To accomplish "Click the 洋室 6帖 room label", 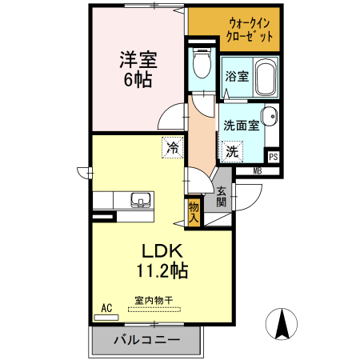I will point(137,69).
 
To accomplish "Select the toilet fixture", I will point(201,63).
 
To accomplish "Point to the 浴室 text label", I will point(237,78).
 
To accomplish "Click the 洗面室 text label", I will point(240,126).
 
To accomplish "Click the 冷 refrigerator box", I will point(171,146).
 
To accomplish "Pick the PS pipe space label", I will point(273,157).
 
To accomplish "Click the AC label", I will point(106,307).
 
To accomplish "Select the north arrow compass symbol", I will point(282,322).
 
